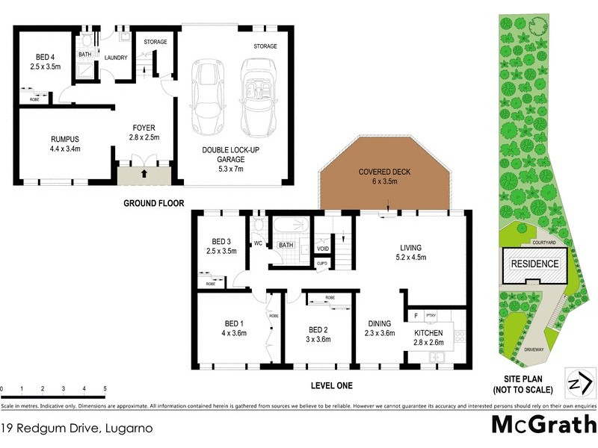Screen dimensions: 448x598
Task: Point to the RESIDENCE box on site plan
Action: click(534, 264)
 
